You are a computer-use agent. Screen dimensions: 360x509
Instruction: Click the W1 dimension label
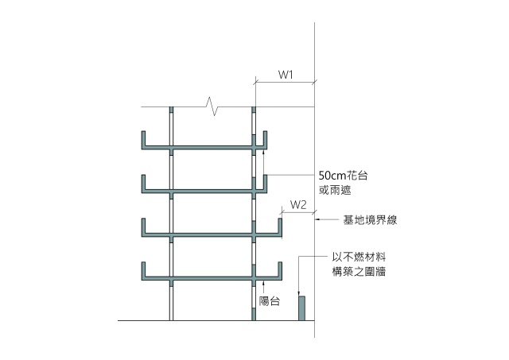[x=286, y=75]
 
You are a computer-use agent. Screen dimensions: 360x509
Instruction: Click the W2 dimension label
[x=298, y=204]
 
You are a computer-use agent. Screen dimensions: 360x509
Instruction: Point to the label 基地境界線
[x=370, y=220]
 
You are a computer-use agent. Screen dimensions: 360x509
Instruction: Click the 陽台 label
[x=270, y=302]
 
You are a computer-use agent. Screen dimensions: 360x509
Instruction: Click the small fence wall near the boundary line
[x=301, y=308]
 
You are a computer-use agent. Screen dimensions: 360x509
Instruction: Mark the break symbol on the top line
[x=212, y=106]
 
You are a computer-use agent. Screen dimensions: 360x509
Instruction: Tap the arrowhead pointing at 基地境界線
[x=320, y=220]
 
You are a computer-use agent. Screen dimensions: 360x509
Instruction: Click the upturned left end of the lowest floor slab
[x=143, y=269]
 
